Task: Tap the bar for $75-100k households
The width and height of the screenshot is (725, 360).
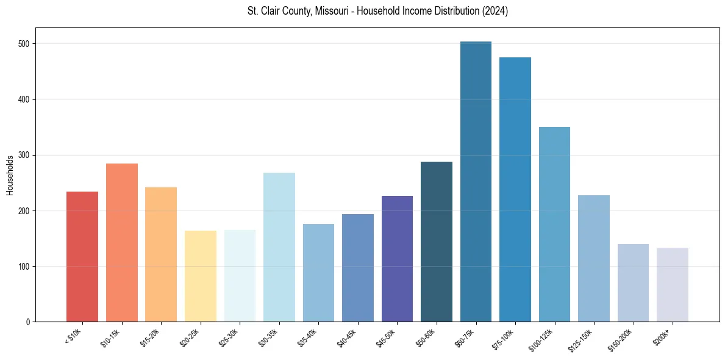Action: (x=515, y=190)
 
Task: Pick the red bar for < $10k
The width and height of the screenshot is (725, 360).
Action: (x=82, y=257)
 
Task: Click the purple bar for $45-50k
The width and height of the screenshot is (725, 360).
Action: (x=397, y=259)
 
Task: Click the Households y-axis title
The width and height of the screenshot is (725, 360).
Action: (x=10, y=175)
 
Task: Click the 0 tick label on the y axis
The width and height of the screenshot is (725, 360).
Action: (x=29, y=322)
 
